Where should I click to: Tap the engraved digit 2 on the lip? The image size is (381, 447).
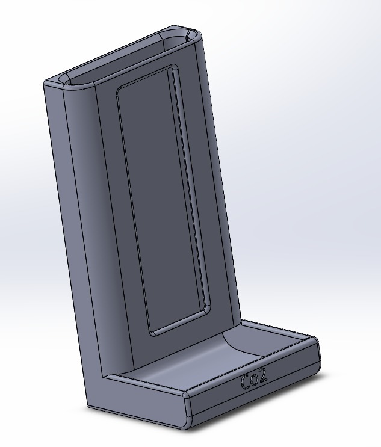point(262,377)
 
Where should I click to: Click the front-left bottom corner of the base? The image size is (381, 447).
point(184,425)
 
